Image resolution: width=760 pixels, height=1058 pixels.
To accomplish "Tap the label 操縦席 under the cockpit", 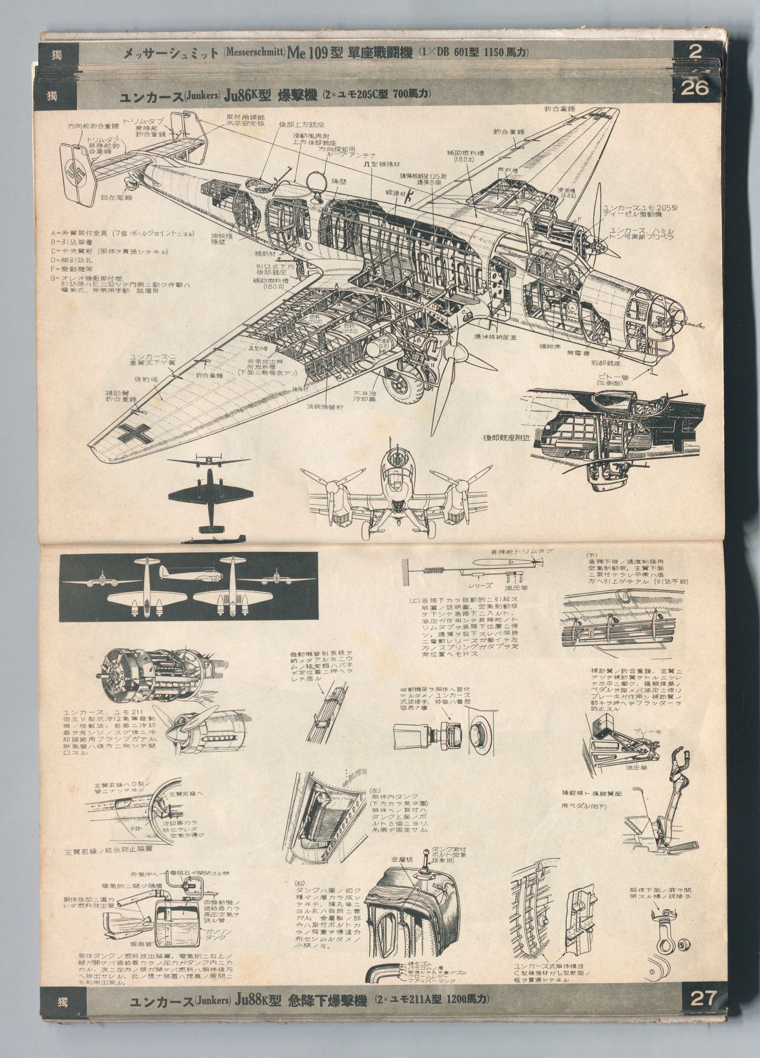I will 550,347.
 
